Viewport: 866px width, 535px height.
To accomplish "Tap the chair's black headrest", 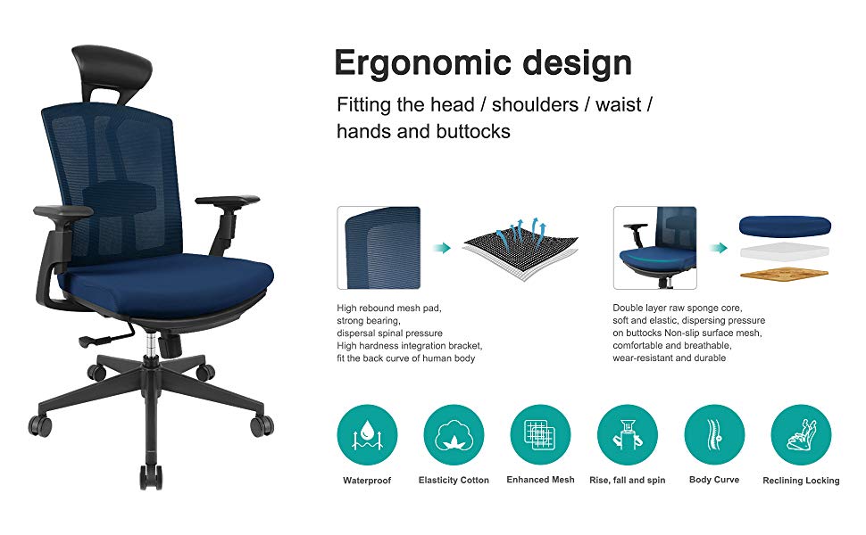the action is pyautogui.click(x=112, y=68).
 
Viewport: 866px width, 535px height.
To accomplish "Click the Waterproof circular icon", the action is pyautogui.click(x=367, y=434).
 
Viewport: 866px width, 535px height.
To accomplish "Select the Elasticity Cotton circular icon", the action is pyautogui.click(x=454, y=434).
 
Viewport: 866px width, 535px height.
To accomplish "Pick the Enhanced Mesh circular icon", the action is pyautogui.click(x=541, y=434).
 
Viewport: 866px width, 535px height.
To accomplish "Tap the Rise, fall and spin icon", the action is pyautogui.click(x=628, y=434).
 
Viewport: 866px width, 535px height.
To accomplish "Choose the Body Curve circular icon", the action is pyautogui.click(x=714, y=434).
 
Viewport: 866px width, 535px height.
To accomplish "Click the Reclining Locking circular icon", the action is pyautogui.click(x=801, y=434).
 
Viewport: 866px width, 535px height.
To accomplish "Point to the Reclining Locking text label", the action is pyautogui.click(x=801, y=481).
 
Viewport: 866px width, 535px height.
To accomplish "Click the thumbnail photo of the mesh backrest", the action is pyautogui.click(x=379, y=248).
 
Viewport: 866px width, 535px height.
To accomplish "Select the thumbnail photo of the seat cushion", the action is pyautogui.click(x=655, y=248).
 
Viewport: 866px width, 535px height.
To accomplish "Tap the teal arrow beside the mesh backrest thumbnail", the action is pyautogui.click(x=442, y=248).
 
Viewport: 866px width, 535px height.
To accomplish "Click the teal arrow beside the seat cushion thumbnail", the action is pyautogui.click(x=718, y=248).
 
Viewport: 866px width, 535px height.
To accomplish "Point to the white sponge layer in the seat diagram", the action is pyautogui.click(x=784, y=251).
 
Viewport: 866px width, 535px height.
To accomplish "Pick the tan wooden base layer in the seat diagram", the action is pyautogui.click(x=784, y=273).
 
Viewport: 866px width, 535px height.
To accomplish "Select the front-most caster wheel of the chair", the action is pyautogui.click(x=151, y=478).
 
